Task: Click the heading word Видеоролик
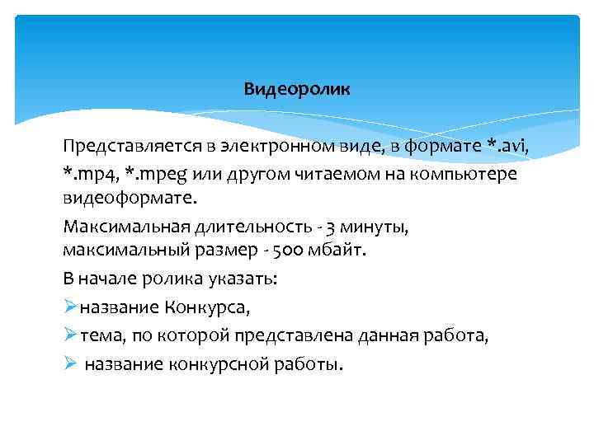point(297,89)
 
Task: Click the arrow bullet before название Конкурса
point(69,307)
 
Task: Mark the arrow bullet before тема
point(69,335)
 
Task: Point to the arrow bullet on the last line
point(69,363)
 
